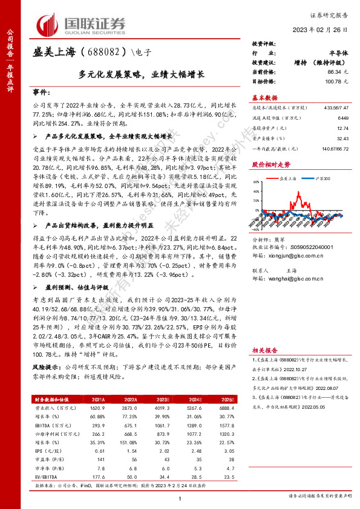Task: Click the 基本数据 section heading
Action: [264, 97]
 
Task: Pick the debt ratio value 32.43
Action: [343, 138]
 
